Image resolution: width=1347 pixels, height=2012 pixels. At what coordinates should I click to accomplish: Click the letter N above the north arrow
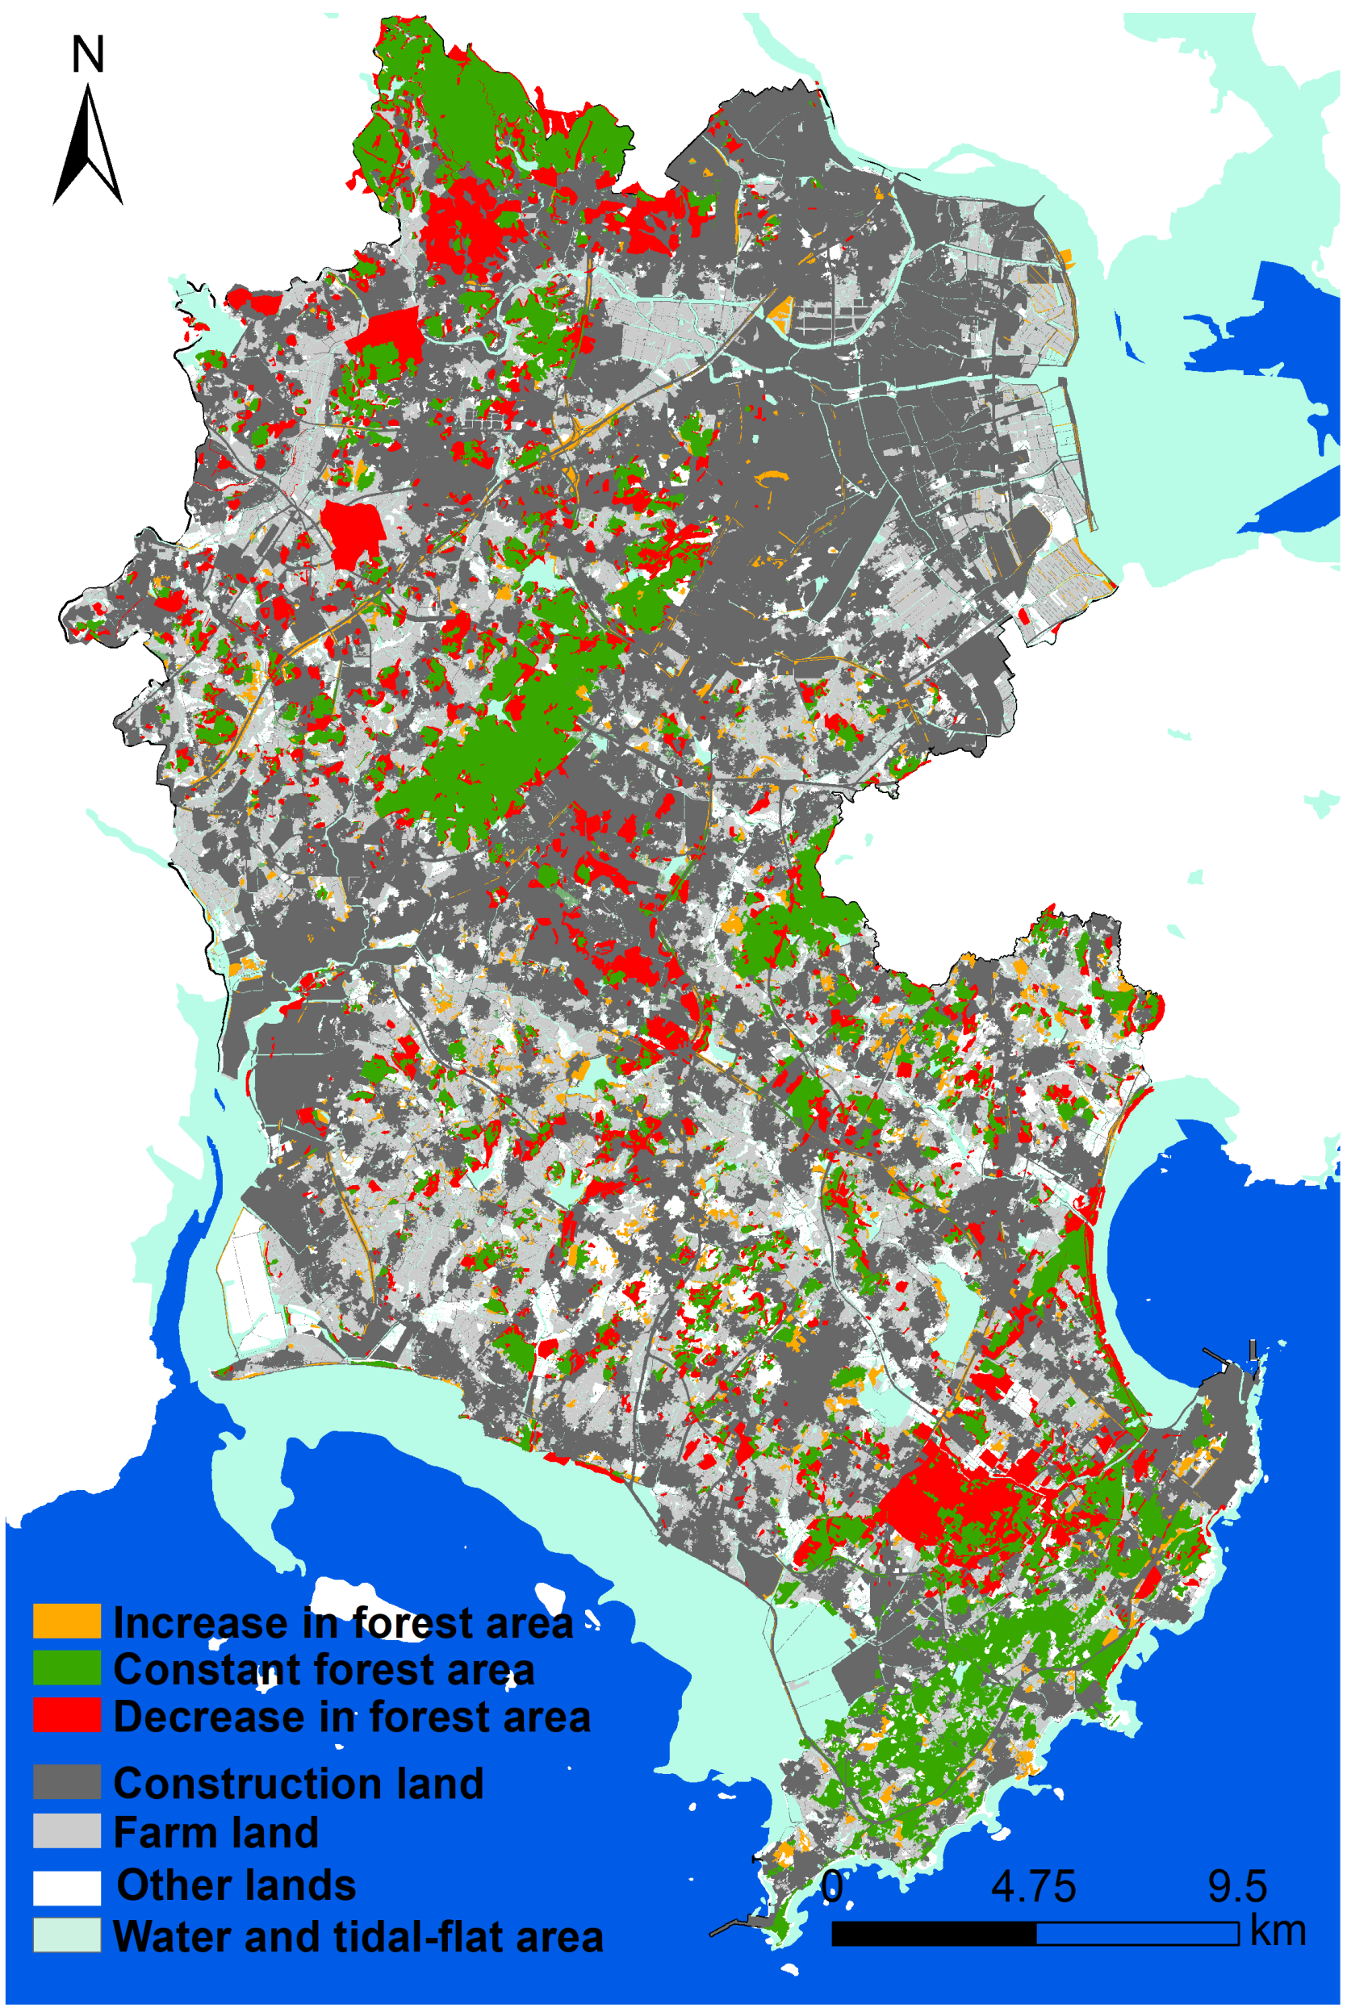(x=88, y=54)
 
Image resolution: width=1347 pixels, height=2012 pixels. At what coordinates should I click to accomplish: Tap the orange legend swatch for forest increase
(x=66, y=1622)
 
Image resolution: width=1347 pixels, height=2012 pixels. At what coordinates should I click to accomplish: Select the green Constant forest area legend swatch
(x=66, y=1668)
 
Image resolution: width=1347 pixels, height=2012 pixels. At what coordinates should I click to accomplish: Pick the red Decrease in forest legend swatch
(x=66, y=1715)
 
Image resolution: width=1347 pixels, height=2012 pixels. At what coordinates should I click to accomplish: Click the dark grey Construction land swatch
(x=66, y=1782)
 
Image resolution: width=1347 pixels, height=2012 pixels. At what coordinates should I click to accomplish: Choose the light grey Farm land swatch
(x=66, y=1830)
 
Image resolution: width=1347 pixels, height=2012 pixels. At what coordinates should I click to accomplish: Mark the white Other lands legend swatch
(x=66, y=1888)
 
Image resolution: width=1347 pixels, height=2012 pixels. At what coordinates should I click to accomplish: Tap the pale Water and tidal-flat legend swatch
(x=66, y=1935)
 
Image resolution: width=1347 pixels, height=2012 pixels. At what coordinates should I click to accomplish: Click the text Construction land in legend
(x=298, y=1783)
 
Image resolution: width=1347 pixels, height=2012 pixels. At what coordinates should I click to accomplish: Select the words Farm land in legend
(x=215, y=1831)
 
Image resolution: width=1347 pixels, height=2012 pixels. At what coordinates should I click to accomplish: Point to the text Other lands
(x=236, y=1885)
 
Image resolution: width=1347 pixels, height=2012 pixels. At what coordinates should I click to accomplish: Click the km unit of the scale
(x=1278, y=1931)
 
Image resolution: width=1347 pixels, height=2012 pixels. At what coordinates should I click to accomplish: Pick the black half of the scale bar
(x=934, y=1934)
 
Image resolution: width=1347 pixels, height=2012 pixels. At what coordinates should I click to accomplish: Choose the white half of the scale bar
(x=1137, y=1934)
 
